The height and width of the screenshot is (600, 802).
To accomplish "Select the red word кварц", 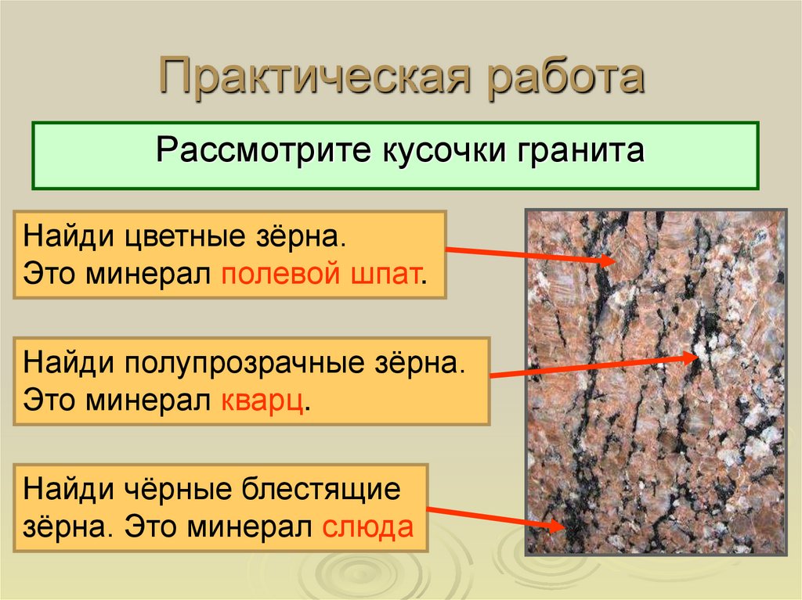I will pos(264,401).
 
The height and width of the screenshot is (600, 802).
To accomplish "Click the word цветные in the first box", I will pos(161,235).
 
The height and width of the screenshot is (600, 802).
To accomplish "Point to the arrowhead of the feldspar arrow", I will pos(609,261).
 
